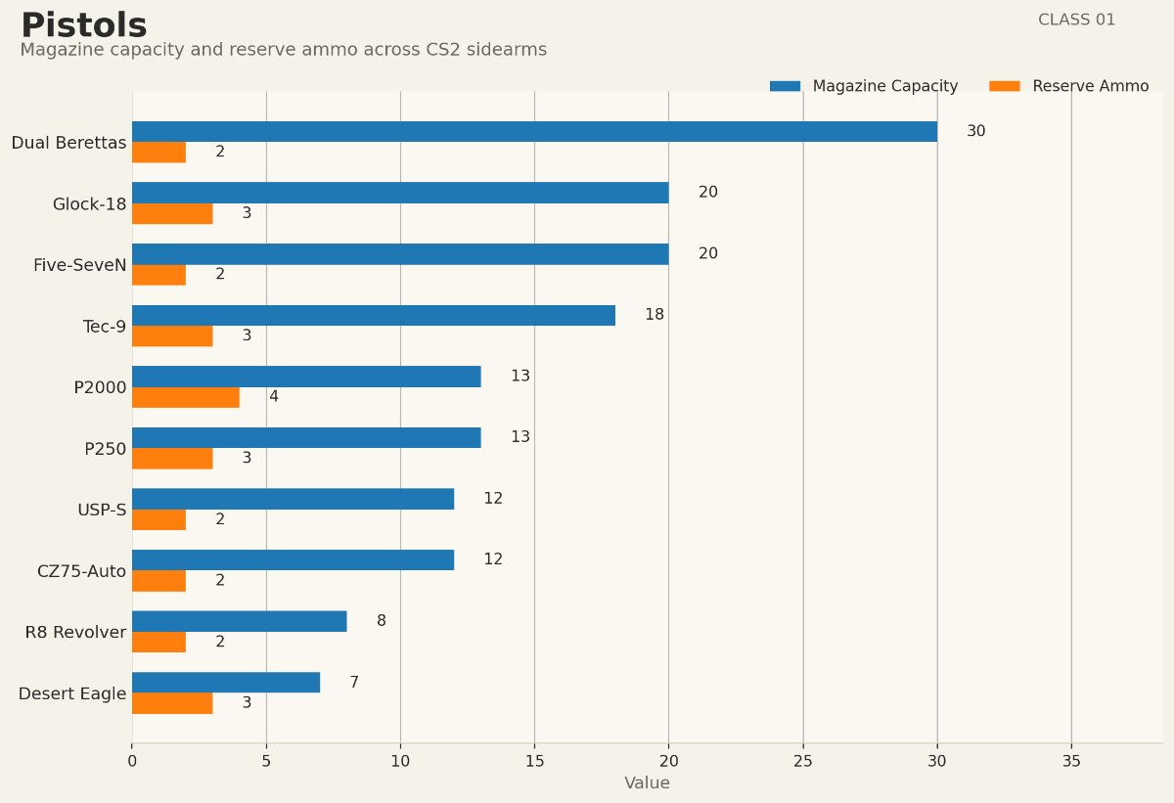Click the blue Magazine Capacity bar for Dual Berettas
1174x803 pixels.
tap(534, 131)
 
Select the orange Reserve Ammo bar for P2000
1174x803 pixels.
tap(186, 397)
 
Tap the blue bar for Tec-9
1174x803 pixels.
tap(374, 315)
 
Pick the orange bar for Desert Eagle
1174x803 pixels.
tap(172, 703)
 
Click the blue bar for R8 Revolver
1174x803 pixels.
tap(240, 621)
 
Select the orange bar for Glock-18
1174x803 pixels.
tap(172, 213)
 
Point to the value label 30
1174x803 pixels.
tap(975, 131)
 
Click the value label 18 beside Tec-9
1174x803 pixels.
tap(654, 315)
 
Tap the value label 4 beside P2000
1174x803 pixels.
tap(274, 397)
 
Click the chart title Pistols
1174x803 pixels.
tap(83, 25)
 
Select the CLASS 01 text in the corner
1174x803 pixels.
tap(1076, 20)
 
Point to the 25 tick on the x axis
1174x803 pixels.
tap(803, 760)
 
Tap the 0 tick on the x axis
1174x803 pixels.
tap(132, 760)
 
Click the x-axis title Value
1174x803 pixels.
tap(647, 783)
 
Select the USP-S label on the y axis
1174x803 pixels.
tap(102, 510)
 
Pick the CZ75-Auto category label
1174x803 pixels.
tap(81, 571)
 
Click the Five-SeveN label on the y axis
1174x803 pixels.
tap(79, 265)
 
